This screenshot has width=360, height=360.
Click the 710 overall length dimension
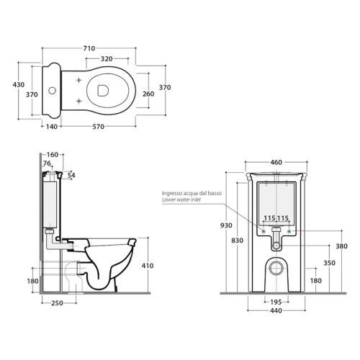click(x=89, y=48)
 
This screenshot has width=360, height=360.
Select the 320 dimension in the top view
click(x=107, y=59)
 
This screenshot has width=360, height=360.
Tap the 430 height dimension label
click(x=19, y=85)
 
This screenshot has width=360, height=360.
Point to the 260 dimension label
click(x=148, y=94)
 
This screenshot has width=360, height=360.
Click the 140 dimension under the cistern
click(x=52, y=127)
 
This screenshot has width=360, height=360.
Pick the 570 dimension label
click(x=99, y=127)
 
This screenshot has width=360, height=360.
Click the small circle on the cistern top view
click(x=52, y=91)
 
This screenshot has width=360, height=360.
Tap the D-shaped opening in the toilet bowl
click(x=103, y=91)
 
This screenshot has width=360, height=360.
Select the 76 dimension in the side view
click(x=47, y=163)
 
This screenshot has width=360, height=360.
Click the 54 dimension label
click(x=71, y=176)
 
